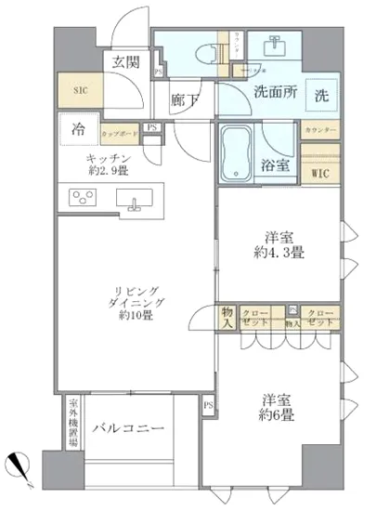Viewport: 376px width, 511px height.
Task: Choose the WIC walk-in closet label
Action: (318, 172)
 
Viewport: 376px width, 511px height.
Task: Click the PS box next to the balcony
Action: (208, 406)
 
